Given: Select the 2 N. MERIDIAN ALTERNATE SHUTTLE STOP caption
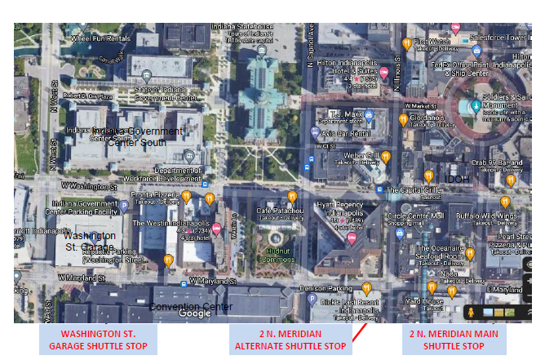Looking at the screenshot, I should [x=290, y=340].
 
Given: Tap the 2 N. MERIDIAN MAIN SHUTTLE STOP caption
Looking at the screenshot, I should [x=454, y=340].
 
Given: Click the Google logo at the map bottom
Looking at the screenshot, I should [x=194, y=313].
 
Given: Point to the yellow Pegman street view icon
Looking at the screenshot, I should [x=471, y=313].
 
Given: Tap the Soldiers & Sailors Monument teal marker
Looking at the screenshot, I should [x=476, y=105].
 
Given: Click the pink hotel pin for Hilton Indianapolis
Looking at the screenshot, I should [x=383, y=72].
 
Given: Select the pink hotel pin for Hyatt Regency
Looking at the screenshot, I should [x=352, y=238].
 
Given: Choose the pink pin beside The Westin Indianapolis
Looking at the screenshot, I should [x=216, y=229].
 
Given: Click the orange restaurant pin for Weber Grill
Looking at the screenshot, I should [x=386, y=156].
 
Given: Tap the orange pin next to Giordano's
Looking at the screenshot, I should [x=402, y=120].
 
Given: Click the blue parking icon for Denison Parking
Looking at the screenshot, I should [x=312, y=300].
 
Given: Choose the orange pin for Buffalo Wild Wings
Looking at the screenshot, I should [x=504, y=201].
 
